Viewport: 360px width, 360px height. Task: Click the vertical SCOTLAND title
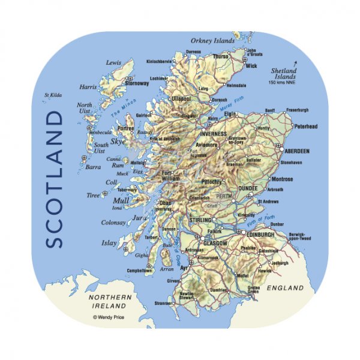coord(55,178)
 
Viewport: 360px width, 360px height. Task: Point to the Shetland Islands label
coord(281,74)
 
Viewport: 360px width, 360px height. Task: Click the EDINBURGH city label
coord(259,234)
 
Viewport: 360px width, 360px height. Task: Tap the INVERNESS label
coord(214,134)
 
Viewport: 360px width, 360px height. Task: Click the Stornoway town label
coord(137,84)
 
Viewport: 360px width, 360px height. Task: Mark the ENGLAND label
coord(285,289)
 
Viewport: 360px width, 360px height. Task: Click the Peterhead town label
coord(306,127)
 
